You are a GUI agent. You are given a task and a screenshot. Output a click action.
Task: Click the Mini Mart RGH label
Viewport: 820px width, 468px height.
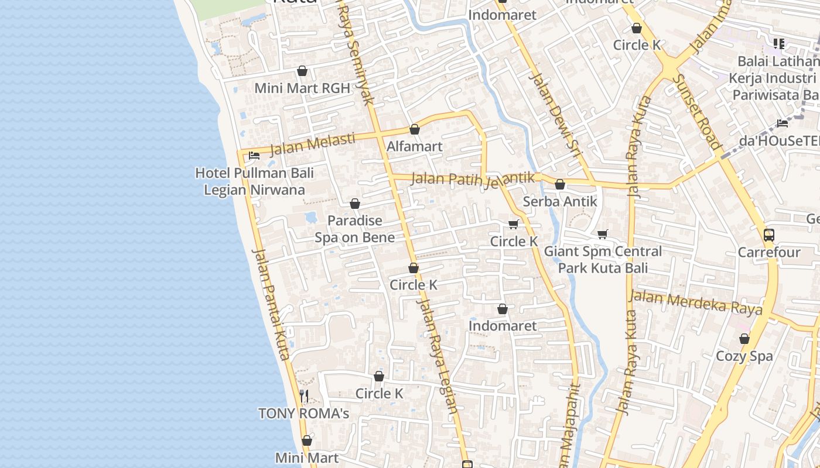pos(302,88)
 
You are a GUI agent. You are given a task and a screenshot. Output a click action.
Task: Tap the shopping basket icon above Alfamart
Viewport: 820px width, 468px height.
pos(415,129)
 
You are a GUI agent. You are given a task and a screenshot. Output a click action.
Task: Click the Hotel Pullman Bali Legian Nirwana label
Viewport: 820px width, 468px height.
pos(254,181)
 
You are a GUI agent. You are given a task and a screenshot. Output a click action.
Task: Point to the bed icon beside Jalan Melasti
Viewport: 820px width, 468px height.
pos(254,156)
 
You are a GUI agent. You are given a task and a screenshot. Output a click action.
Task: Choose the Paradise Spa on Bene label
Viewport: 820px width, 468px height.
pos(354,229)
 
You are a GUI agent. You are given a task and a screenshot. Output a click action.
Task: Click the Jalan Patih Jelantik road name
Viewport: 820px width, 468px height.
pos(473,179)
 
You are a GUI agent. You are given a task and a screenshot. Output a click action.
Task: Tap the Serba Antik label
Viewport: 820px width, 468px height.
pos(560,201)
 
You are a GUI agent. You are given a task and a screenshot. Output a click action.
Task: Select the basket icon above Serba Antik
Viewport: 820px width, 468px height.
pos(560,184)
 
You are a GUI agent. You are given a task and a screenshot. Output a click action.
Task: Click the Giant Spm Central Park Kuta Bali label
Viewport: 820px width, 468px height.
pos(603,259)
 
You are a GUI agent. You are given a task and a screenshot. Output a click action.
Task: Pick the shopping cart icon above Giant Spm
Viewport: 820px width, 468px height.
pos(603,234)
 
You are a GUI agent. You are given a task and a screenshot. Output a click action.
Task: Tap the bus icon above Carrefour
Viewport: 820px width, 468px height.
pos(769,235)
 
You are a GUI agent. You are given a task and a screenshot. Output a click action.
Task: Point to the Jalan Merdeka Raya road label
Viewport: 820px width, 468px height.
pos(696,302)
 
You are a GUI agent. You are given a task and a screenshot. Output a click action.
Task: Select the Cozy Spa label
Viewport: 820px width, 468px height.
pos(744,356)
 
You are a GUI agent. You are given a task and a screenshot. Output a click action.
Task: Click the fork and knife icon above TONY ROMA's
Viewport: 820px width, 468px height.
pos(304,396)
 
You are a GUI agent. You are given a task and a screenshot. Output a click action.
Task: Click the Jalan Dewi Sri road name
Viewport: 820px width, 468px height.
pos(553,114)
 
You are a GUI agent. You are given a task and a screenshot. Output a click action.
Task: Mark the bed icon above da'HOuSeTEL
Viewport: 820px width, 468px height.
pos(783,123)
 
